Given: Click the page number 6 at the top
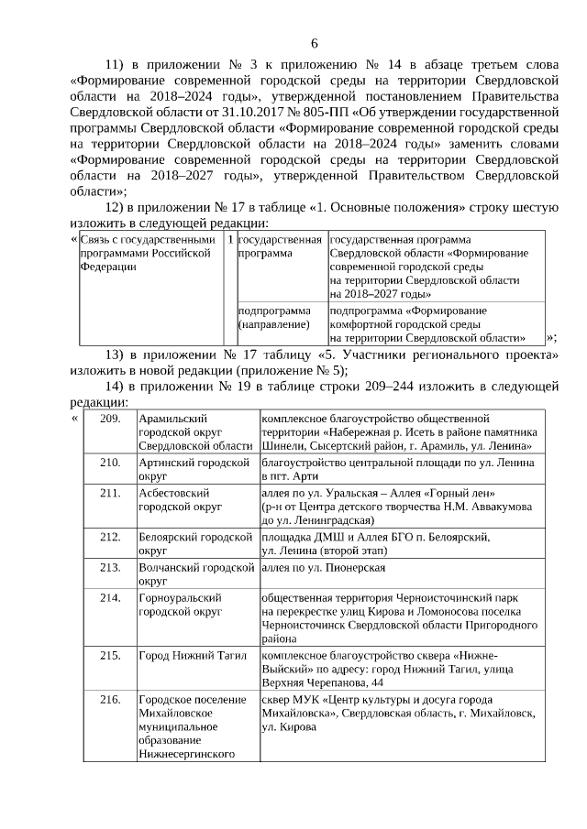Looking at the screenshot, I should click(315, 42).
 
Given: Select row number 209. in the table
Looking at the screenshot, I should click(110, 418).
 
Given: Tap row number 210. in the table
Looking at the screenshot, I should click(110, 463).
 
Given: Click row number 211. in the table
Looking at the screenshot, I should click(110, 493).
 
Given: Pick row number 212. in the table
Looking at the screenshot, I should click(110, 537).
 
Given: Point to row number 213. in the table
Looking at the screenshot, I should click(110, 567).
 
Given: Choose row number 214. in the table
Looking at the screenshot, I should click(110, 597).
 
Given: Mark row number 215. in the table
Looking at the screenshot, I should click(110, 655).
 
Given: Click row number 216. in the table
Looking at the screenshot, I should click(110, 700).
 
